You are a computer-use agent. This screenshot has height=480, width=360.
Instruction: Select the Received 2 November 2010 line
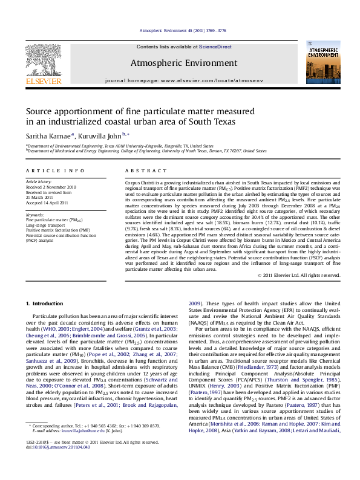pos(51,187)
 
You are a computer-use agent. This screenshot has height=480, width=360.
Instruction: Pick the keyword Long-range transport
pos(47,224)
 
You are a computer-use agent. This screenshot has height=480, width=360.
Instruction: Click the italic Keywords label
pos(35,215)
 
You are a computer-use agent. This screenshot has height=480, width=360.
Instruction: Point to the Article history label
pos(39,182)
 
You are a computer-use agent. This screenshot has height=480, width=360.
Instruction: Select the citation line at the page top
pos(179,30)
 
